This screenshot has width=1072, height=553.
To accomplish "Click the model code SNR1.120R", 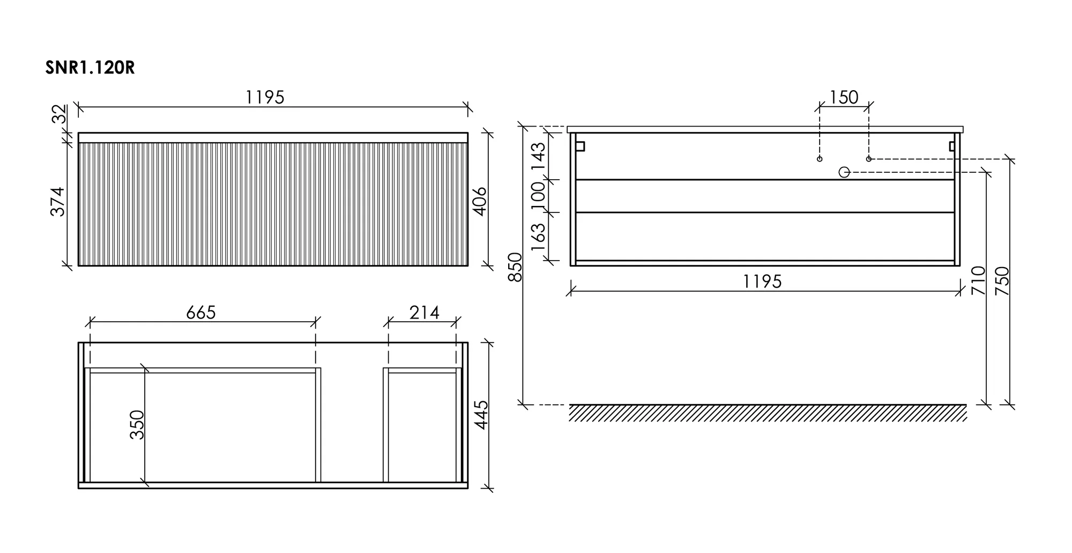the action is click(90, 69).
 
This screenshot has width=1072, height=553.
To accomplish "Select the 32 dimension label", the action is click(59, 114).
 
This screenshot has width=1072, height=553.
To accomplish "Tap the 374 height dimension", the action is click(58, 201).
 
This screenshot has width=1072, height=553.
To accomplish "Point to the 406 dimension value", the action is click(480, 201).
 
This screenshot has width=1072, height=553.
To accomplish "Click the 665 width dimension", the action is click(201, 313).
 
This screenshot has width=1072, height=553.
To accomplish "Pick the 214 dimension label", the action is click(425, 313).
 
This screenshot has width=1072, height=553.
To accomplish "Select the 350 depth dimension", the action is click(137, 425).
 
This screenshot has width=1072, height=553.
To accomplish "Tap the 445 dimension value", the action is click(481, 415).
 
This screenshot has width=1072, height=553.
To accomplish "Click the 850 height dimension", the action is click(515, 267).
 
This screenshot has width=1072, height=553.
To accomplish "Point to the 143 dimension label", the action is click(538, 156).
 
